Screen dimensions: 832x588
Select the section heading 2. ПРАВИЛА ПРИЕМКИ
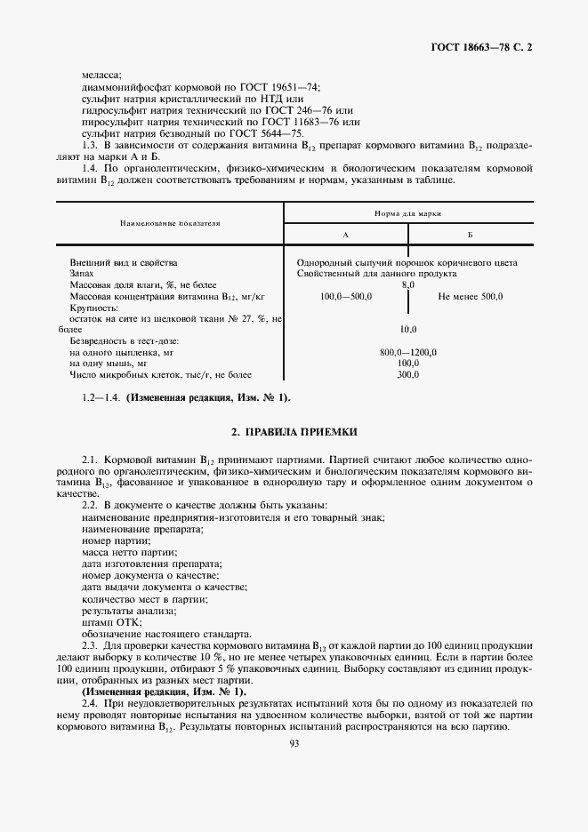pyautogui.click(x=294, y=432)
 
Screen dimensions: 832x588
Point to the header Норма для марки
pyautogui.click(x=408, y=214)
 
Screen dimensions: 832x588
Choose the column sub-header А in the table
pyautogui.click(x=345, y=235)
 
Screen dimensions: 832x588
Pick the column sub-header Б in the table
pyautogui.click(x=469, y=235)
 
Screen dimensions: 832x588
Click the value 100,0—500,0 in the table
pyautogui.click(x=345, y=296)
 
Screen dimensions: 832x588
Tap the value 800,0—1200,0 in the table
pyautogui.click(x=407, y=352)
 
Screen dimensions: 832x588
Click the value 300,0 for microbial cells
pyautogui.click(x=407, y=374)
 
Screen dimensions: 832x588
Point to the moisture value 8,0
pyautogui.click(x=407, y=285)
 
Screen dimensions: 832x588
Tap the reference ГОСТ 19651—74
pyautogui.click(x=277, y=87)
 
